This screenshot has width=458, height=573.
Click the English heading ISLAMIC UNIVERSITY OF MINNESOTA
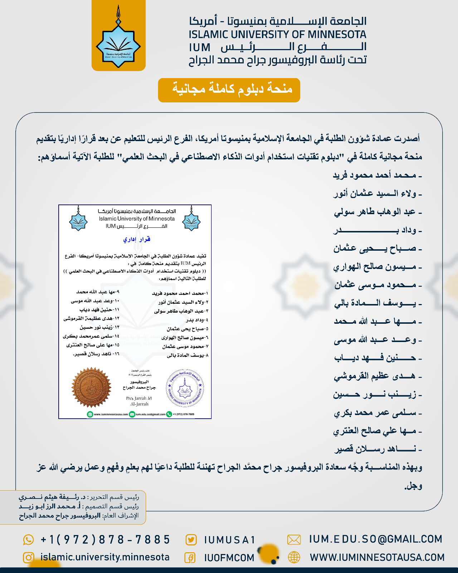click(x=278, y=34)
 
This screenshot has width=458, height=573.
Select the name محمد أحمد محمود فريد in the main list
click(x=377, y=175)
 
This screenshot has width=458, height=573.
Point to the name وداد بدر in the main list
click(x=376, y=230)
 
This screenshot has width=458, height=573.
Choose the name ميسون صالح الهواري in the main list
click(x=376, y=267)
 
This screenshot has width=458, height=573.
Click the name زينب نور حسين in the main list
click(x=376, y=395)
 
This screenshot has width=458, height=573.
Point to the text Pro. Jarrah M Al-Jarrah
click(x=139, y=401)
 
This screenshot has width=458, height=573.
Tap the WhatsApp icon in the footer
click(x=28, y=539)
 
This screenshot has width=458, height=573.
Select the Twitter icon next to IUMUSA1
click(x=191, y=540)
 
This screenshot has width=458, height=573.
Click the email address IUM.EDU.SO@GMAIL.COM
click(x=375, y=539)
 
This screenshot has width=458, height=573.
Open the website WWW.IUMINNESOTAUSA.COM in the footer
click(x=377, y=557)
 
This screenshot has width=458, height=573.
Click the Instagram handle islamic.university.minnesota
click(x=105, y=557)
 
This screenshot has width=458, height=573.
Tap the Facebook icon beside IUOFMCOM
click(x=190, y=558)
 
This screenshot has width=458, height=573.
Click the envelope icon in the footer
click(x=294, y=539)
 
